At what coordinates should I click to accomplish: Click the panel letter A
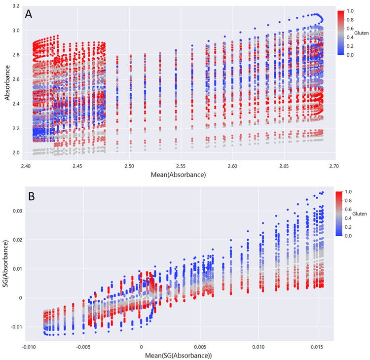(x=30, y=14)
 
